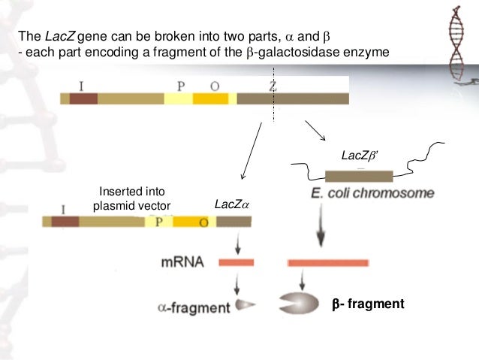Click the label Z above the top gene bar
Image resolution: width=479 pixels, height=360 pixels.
(x=273, y=86)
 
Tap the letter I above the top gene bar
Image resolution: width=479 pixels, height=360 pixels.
(x=80, y=86)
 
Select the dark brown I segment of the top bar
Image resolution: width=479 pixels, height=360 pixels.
(x=83, y=98)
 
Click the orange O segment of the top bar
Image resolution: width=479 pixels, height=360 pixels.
(x=210, y=98)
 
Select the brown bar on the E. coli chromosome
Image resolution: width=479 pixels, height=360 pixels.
(x=363, y=176)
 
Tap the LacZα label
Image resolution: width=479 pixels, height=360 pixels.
(x=229, y=204)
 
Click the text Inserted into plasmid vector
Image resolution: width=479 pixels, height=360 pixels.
(x=131, y=198)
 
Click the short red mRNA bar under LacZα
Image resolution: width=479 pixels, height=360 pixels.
(x=236, y=262)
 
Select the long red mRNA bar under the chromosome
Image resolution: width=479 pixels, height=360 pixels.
(x=325, y=262)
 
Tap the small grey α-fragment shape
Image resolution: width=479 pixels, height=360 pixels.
(x=246, y=305)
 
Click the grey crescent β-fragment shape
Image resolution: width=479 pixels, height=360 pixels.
(x=299, y=304)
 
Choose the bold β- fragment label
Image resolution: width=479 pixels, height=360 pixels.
(x=368, y=304)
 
